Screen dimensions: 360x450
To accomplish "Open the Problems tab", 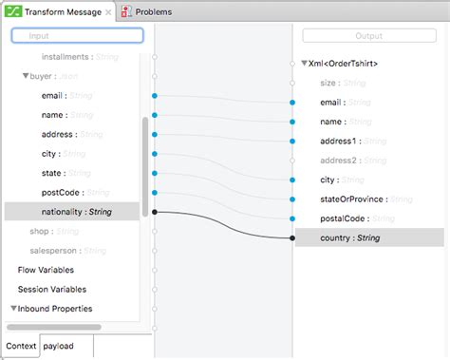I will click(x=152, y=12).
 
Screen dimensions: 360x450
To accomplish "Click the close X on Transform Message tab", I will click(x=109, y=12).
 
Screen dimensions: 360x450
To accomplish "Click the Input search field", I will click(x=77, y=35).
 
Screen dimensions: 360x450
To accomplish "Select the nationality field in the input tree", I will click(x=75, y=212).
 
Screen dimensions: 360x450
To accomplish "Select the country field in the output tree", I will click(x=349, y=237).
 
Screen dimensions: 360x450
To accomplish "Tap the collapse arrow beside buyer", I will click(x=27, y=75).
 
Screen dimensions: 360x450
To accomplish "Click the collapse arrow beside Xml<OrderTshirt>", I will click(x=304, y=64).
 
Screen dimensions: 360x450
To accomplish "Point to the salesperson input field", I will click(x=54, y=251).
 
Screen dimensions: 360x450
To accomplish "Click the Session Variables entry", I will click(x=51, y=289).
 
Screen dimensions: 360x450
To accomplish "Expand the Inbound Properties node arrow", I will click(x=14, y=308).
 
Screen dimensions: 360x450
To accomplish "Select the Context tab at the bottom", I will click(x=20, y=346).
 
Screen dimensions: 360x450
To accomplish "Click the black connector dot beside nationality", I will click(x=154, y=212).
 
